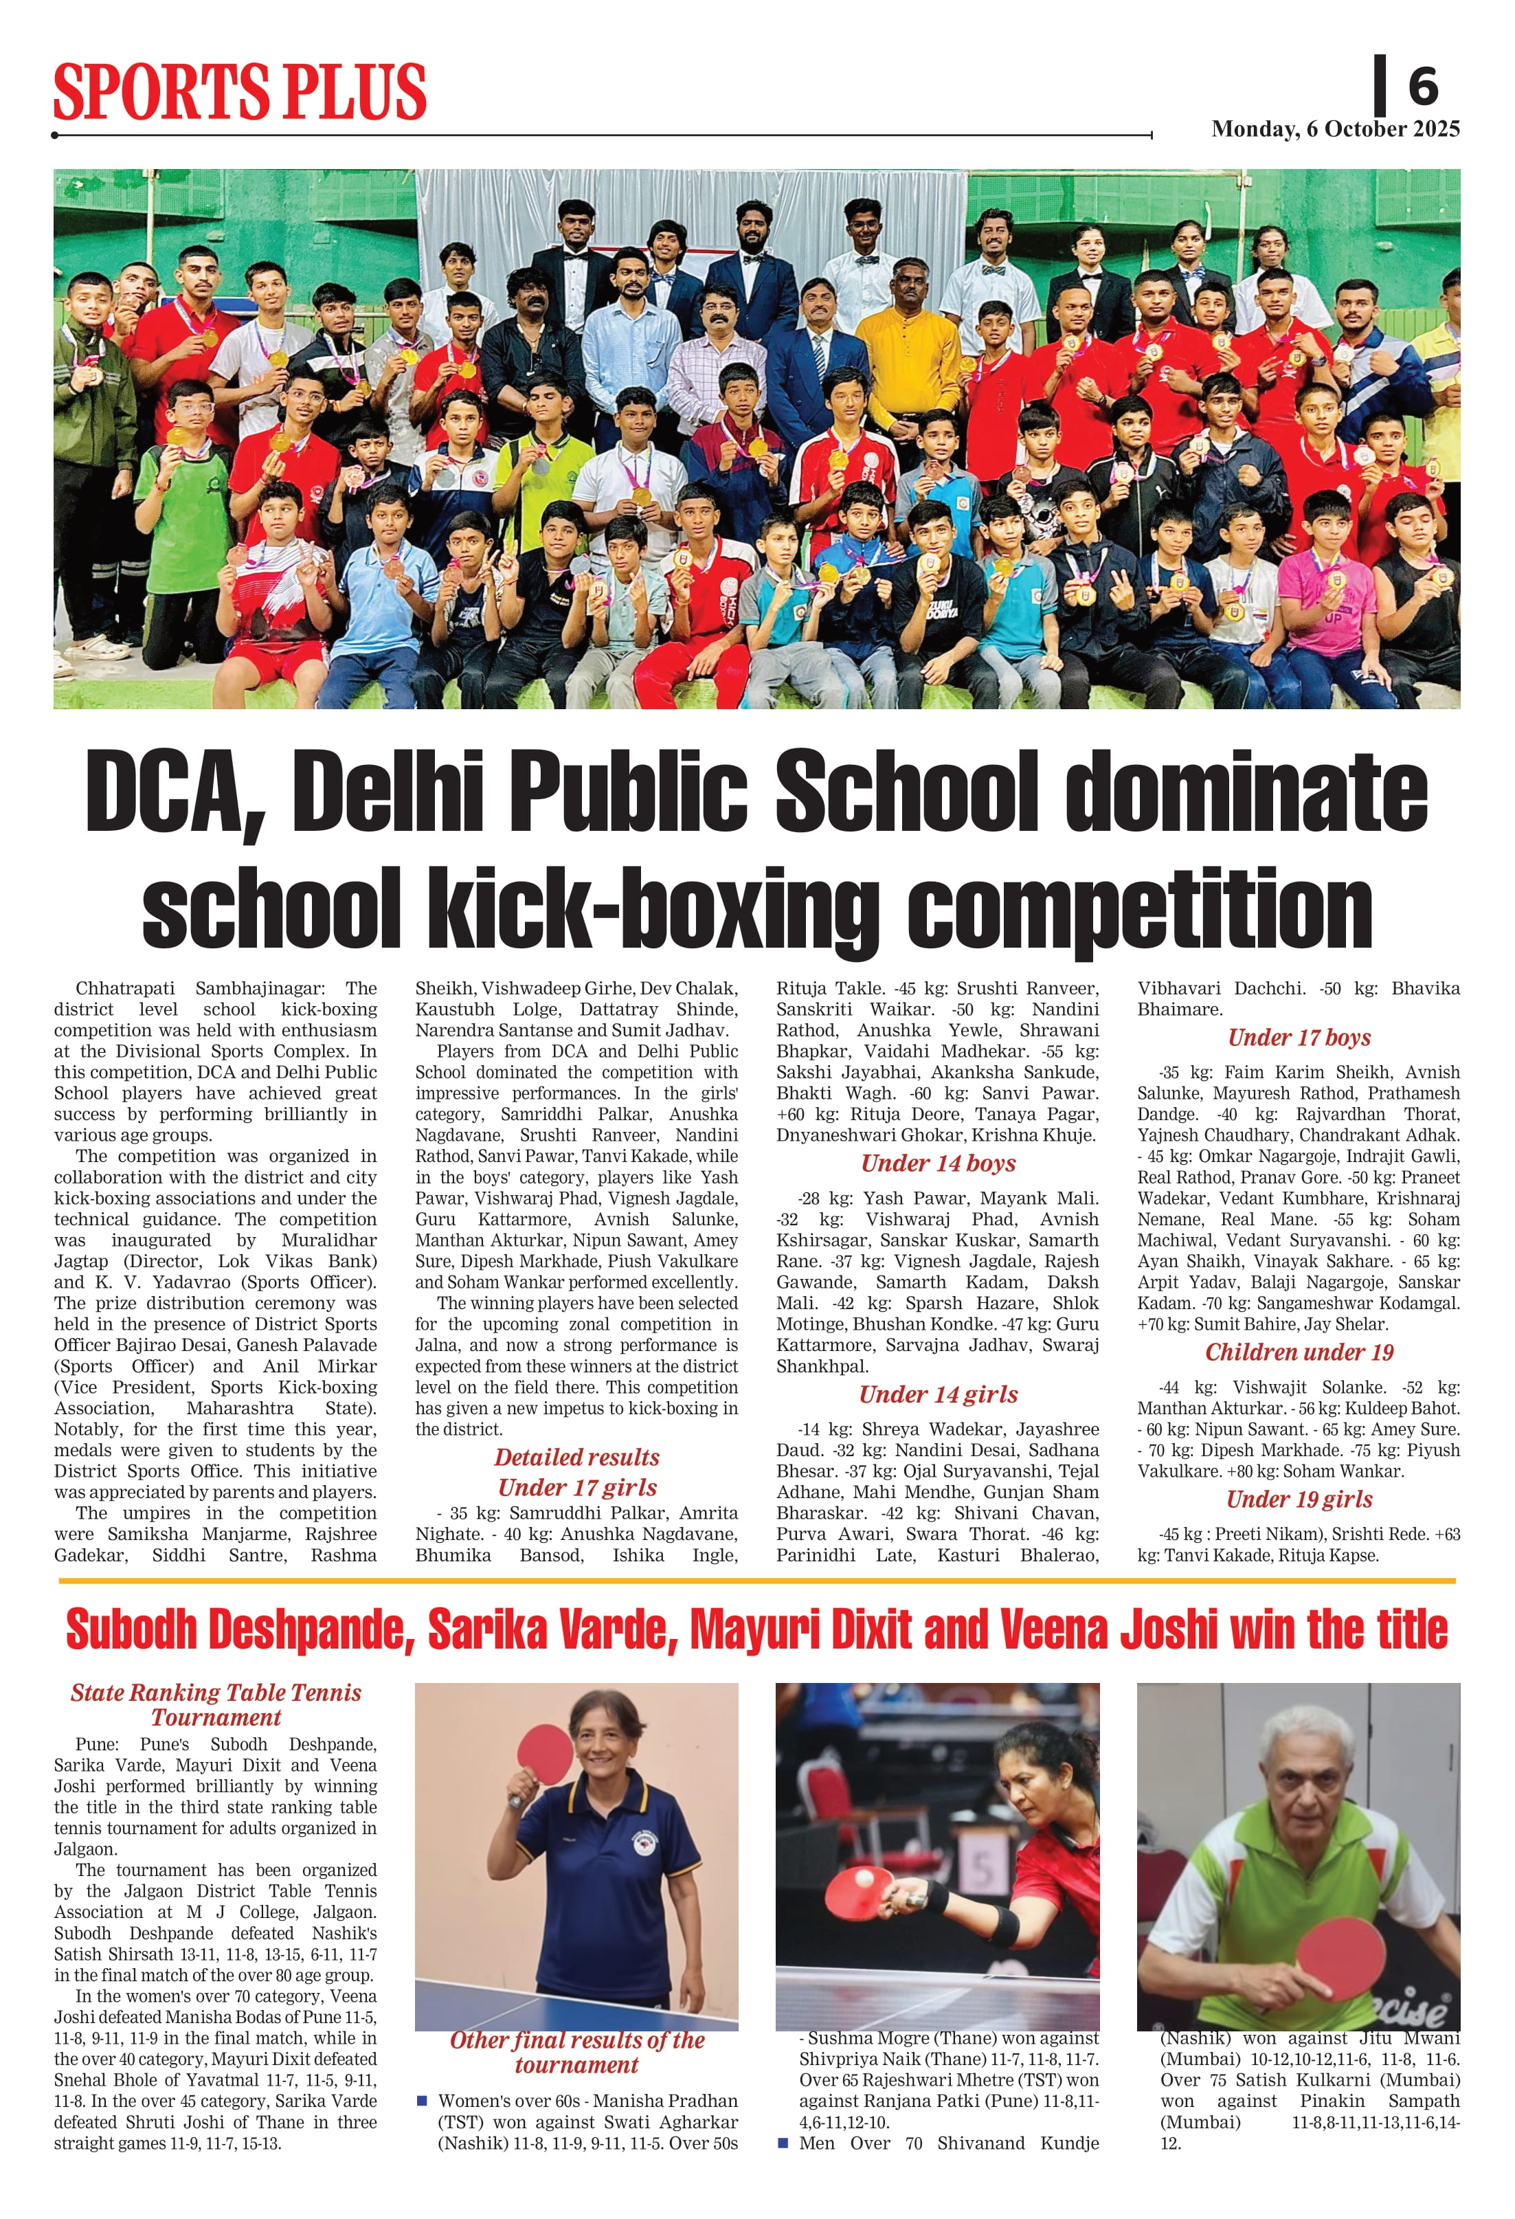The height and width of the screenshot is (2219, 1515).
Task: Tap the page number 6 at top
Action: [1422, 86]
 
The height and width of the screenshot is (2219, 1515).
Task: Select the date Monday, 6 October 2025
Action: [1334, 129]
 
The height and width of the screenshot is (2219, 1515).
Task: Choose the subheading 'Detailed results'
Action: [576, 1457]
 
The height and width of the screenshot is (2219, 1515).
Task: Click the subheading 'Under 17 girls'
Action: [576, 1488]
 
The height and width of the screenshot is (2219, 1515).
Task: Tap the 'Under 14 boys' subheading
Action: [937, 1163]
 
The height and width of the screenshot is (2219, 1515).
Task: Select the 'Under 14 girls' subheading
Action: [937, 1394]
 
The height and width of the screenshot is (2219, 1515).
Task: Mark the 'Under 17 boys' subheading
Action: [1299, 1037]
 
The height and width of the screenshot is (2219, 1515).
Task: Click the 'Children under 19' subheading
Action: [1299, 1352]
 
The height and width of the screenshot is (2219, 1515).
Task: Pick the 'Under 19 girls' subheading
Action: [1299, 1499]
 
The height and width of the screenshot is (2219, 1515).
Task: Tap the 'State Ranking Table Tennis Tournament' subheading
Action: [216, 1704]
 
